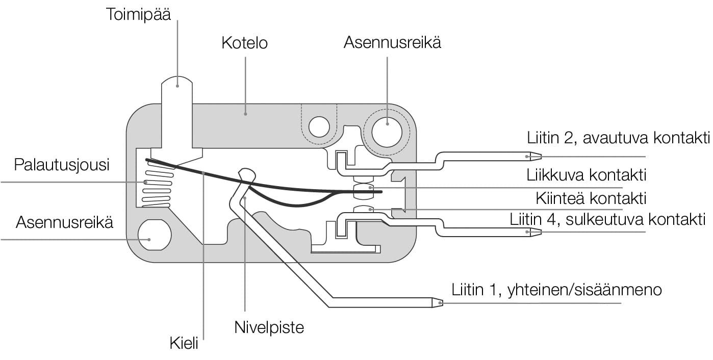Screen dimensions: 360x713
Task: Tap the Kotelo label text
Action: (x=244, y=43)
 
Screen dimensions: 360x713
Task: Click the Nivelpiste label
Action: (x=269, y=327)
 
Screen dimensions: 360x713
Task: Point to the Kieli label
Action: (x=184, y=343)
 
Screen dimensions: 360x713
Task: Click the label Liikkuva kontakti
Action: (x=587, y=175)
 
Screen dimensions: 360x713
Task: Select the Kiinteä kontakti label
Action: (x=591, y=198)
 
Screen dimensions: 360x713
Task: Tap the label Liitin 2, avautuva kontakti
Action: (x=619, y=138)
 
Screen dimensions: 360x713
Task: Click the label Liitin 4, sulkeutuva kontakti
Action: (x=607, y=220)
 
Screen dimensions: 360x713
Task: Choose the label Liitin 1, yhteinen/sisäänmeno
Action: (x=556, y=290)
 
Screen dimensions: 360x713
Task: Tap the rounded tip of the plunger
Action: (x=177, y=83)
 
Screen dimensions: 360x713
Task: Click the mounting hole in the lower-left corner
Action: (x=155, y=235)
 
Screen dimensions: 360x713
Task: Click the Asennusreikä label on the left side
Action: (x=65, y=222)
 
